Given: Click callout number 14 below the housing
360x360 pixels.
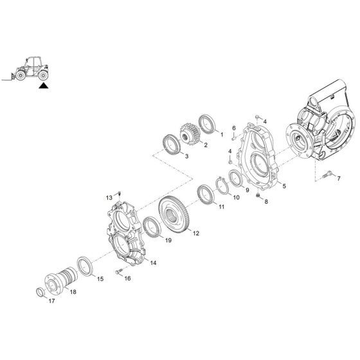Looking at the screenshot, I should (154, 263).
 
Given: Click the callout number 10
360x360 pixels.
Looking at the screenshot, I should (237, 198).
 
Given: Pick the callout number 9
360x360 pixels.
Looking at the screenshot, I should (246, 190).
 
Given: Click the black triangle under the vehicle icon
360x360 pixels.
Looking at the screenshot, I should (43, 84).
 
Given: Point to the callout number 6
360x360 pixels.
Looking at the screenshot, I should (233, 128).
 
